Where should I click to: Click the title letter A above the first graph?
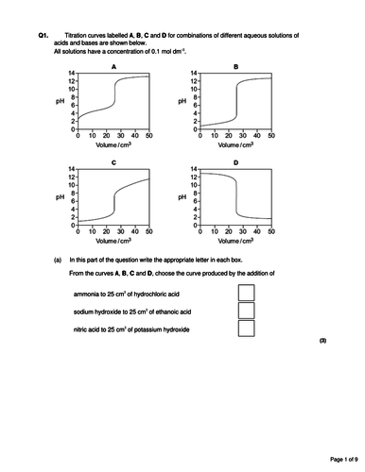pos(113,66)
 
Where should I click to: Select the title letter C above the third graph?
pos(113,163)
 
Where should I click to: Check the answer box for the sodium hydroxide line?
pos(247,311)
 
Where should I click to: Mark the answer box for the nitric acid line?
pos(247,329)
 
